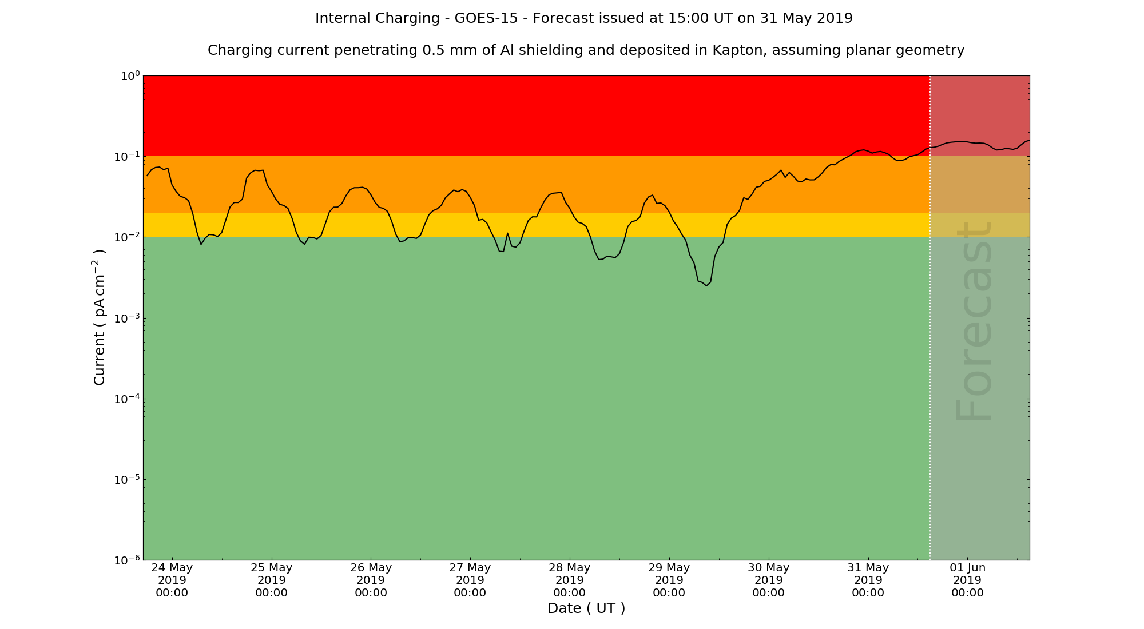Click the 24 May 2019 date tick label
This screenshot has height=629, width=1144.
(x=172, y=580)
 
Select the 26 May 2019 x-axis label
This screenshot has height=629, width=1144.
(x=371, y=580)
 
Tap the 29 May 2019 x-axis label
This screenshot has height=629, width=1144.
(x=669, y=580)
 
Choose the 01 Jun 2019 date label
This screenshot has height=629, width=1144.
(x=968, y=580)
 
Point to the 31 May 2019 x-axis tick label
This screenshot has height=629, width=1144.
(x=868, y=580)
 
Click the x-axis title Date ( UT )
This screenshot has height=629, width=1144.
(x=586, y=608)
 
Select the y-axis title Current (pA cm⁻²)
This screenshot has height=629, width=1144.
(x=100, y=317)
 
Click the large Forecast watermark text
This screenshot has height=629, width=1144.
(x=974, y=322)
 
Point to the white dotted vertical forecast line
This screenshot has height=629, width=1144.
(x=930, y=343)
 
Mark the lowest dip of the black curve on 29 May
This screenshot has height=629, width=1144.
(x=706, y=285)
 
